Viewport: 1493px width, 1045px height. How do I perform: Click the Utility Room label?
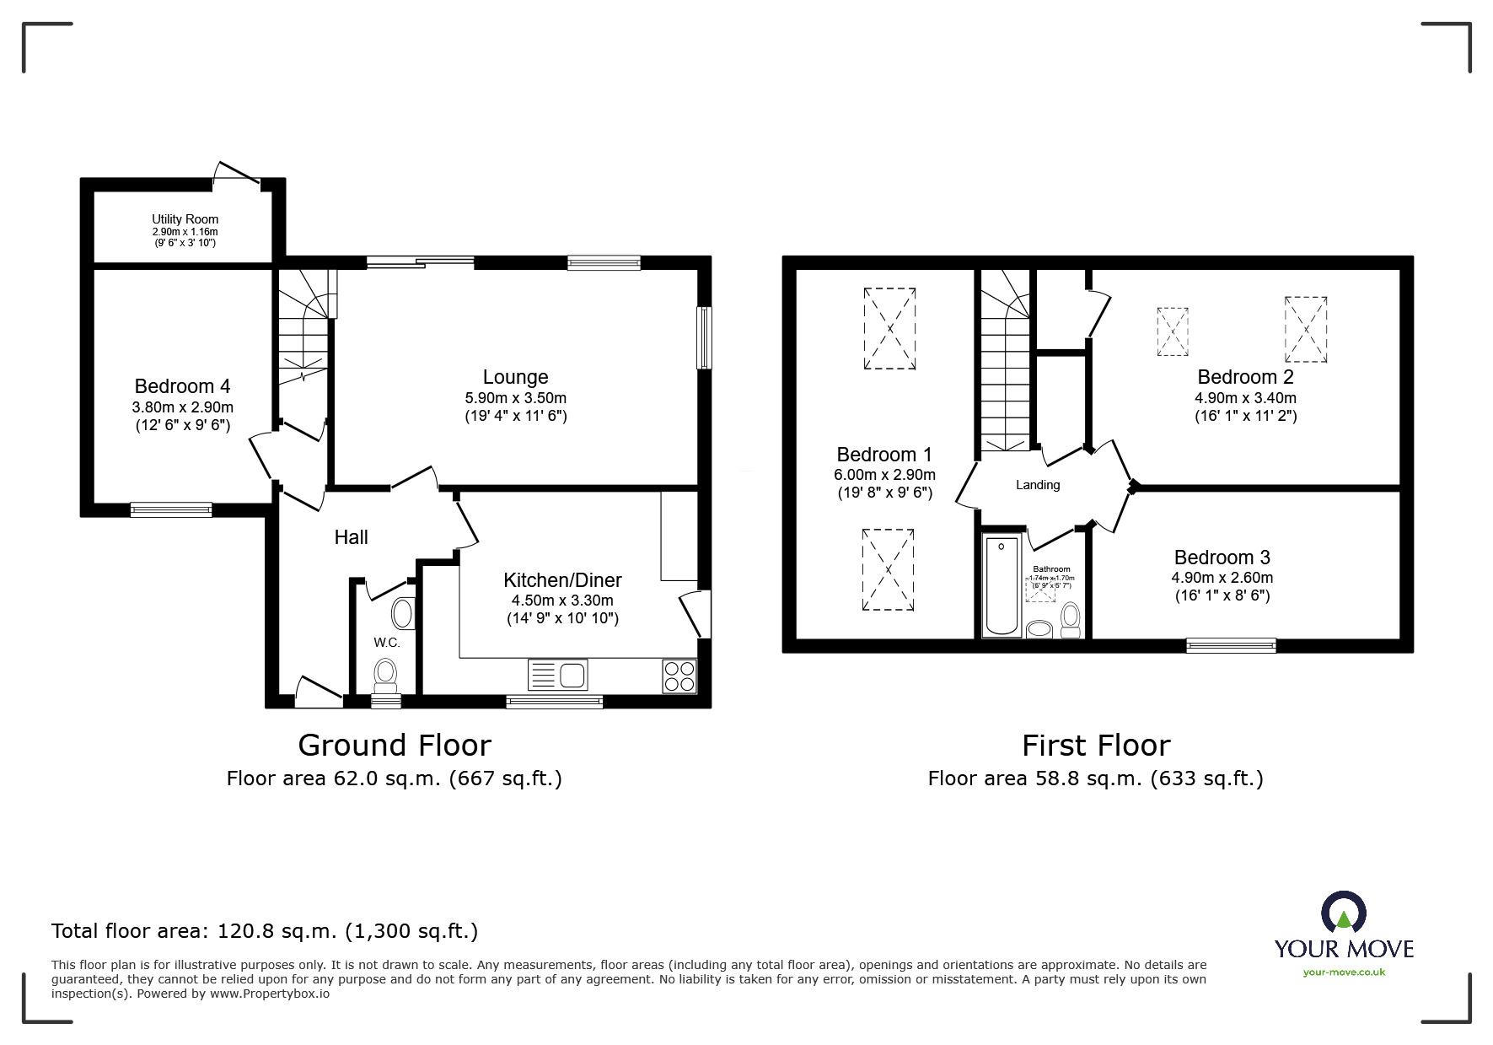click(x=185, y=219)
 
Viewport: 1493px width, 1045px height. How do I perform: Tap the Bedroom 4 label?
click(x=182, y=386)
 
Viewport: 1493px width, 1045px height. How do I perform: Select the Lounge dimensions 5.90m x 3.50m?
click(x=515, y=398)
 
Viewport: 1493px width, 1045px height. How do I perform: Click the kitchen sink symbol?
click(x=558, y=675)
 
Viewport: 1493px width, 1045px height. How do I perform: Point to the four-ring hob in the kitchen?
click(x=679, y=676)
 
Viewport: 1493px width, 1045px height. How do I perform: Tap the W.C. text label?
click(x=387, y=643)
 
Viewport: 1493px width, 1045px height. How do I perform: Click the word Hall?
click(x=351, y=537)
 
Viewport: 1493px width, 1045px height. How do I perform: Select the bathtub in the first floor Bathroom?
click(x=1002, y=584)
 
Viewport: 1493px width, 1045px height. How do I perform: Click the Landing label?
click(x=1038, y=485)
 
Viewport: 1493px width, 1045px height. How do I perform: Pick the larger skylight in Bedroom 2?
click(x=1305, y=329)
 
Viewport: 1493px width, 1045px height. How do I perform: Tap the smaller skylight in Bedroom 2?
click(x=1172, y=331)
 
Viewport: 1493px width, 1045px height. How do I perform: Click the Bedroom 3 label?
click(x=1222, y=558)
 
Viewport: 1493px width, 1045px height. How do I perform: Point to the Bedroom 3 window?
click(x=1231, y=645)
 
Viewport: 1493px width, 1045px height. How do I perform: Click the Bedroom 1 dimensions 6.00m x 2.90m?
click(x=884, y=475)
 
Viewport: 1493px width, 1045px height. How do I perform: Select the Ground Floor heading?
click(x=395, y=746)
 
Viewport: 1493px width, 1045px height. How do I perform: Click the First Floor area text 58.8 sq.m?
click(x=1095, y=778)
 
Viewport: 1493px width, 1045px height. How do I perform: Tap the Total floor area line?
click(x=265, y=931)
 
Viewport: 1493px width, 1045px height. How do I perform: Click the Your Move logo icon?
click(x=1343, y=913)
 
